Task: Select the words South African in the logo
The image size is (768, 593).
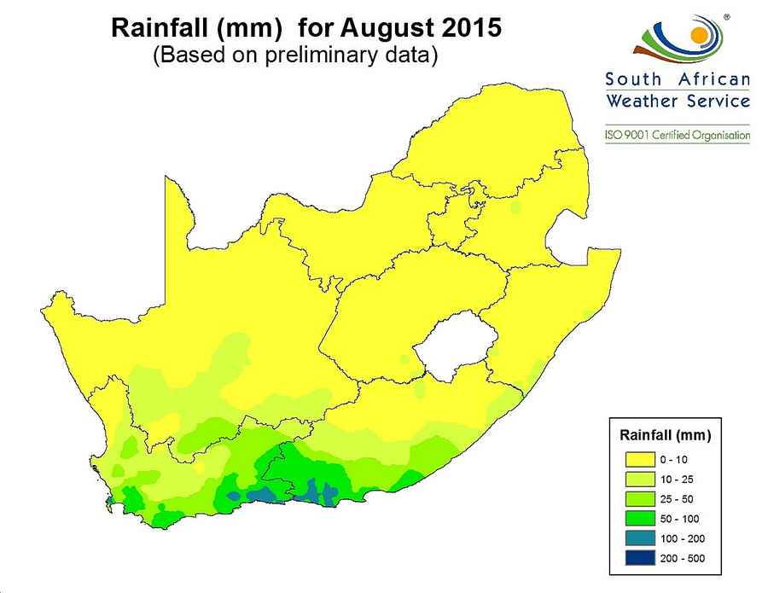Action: pyautogui.click(x=678, y=79)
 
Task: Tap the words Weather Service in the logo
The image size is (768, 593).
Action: pyautogui.click(x=678, y=101)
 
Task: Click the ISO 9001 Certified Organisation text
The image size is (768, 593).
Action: pyautogui.click(x=678, y=135)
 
